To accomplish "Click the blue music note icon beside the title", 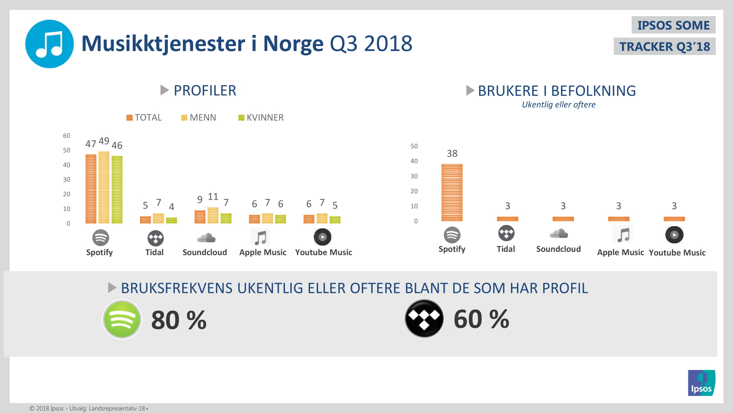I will [x=49, y=44].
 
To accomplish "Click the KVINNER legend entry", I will [x=261, y=117].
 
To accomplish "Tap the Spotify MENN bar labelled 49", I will [x=104, y=187].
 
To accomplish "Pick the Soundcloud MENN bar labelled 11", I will [x=213, y=215].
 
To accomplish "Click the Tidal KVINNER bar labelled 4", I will [x=172, y=220].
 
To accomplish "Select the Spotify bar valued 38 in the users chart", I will [x=452, y=192].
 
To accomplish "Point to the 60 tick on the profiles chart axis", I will [x=67, y=136].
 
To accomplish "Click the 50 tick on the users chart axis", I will [x=414, y=146].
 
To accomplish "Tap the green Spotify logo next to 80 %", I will [x=122, y=319].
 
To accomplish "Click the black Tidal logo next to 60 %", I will [x=424, y=319].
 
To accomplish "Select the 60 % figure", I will [x=481, y=319].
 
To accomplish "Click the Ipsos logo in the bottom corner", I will [x=701, y=383].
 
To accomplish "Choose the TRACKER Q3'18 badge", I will [x=664, y=47].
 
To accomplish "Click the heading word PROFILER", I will [x=205, y=91].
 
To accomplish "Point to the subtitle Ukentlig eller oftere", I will [x=559, y=105].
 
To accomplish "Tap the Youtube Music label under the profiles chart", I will [x=324, y=253].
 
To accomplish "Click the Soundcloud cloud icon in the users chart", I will [x=559, y=233].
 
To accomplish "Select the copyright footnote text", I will [x=89, y=409].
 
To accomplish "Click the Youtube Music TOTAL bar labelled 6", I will [x=309, y=219].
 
